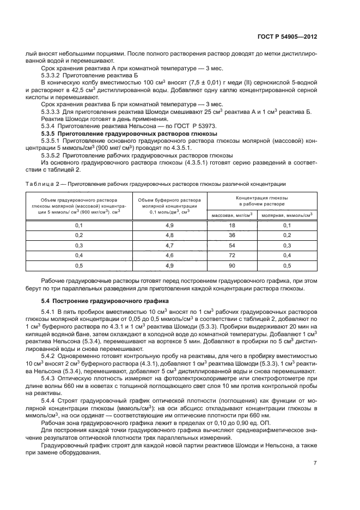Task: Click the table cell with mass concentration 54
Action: (x=231, y=245)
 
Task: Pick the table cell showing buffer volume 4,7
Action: (x=169, y=245)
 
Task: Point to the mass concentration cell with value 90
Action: (x=231, y=265)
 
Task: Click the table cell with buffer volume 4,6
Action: (x=169, y=255)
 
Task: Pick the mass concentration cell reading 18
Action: (x=231, y=225)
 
